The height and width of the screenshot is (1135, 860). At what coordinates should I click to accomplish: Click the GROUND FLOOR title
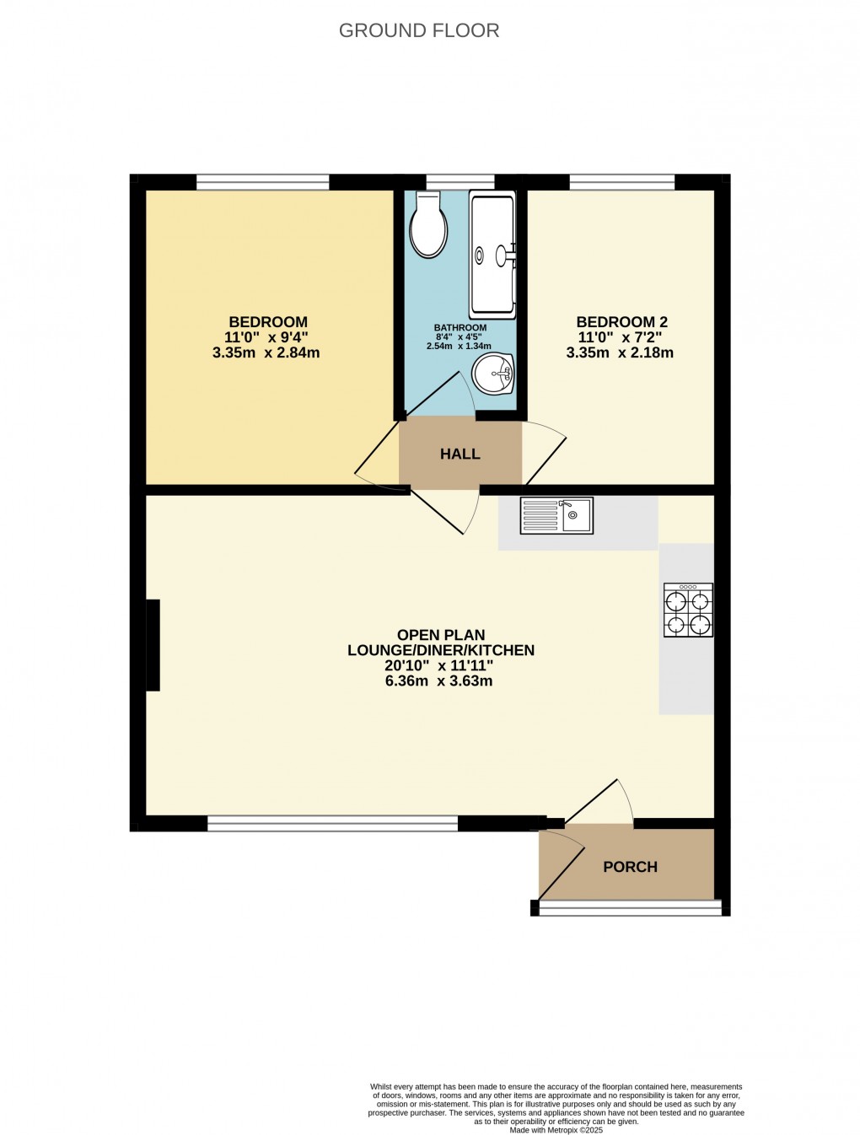(x=419, y=31)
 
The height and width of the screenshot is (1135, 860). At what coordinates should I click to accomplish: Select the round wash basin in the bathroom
(x=493, y=374)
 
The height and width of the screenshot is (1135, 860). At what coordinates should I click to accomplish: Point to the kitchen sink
(x=556, y=515)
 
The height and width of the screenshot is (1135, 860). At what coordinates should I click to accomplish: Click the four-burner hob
(x=688, y=610)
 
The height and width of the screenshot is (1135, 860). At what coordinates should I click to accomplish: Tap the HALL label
(x=460, y=455)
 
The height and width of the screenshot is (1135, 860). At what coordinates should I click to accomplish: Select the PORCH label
(x=630, y=867)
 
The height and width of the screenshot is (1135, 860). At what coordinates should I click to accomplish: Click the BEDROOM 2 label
(x=622, y=322)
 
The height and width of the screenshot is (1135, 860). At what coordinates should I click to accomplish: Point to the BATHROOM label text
(x=460, y=328)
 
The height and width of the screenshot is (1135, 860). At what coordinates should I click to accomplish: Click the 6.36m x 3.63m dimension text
(x=438, y=681)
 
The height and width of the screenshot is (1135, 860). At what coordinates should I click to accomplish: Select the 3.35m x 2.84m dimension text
(x=266, y=353)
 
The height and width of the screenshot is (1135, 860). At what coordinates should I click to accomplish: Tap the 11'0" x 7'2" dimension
(x=620, y=337)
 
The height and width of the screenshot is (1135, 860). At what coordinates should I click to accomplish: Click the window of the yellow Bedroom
(x=263, y=181)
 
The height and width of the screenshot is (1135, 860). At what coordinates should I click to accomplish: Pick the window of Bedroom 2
(x=622, y=181)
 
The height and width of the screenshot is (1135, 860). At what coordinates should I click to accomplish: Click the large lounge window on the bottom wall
(x=333, y=823)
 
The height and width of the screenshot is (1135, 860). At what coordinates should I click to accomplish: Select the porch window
(x=631, y=907)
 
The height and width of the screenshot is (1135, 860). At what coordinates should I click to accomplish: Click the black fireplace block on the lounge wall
(x=153, y=645)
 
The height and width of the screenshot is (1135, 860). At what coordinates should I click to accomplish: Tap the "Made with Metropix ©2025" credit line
(x=556, y=1131)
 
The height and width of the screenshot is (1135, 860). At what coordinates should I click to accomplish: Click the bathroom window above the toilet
(x=460, y=181)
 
